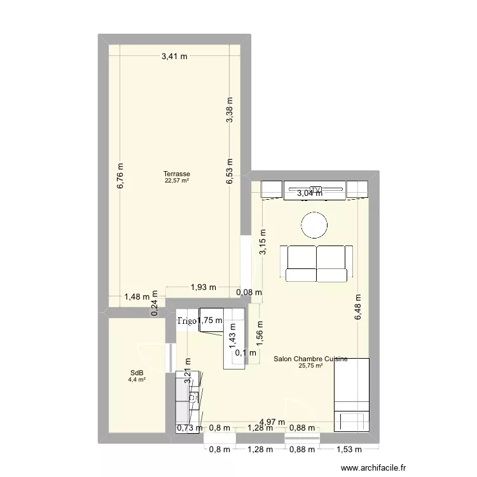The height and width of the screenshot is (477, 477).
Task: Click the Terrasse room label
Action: click(176, 174)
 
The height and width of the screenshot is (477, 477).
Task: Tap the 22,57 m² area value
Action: click(176, 181)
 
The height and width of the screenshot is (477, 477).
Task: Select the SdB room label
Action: click(137, 373)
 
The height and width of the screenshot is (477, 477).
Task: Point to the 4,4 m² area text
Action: click(137, 380)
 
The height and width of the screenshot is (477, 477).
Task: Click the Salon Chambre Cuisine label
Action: click(310, 359)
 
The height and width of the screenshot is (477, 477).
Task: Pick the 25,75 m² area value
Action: click(310, 366)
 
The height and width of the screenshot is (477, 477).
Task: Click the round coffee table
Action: click(315, 225)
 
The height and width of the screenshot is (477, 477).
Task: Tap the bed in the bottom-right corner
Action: click(352, 394)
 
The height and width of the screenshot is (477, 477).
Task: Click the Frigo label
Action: click(188, 321)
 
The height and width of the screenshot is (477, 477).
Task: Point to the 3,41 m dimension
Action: click(174, 57)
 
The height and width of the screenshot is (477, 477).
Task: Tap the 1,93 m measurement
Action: click(204, 287)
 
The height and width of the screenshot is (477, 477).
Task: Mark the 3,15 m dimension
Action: click(263, 242)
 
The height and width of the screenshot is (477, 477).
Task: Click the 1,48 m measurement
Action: click(137, 296)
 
